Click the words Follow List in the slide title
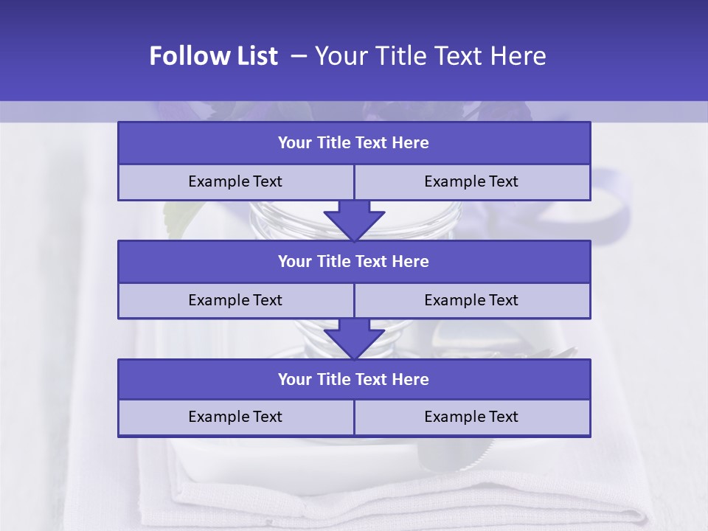[213, 56]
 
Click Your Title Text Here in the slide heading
[430, 56]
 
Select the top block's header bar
[354, 143]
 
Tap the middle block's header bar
[354, 262]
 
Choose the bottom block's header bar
[354, 380]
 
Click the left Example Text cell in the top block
[235, 182]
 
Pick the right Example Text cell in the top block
[471, 182]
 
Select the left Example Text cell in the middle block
[235, 301]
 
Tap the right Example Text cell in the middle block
[471, 301]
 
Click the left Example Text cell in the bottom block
[235, 417]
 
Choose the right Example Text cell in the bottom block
[471, 417]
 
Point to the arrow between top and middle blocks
[354, 221]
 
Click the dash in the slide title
[299, 56]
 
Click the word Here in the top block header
[411, 143]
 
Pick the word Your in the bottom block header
[294, 380]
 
